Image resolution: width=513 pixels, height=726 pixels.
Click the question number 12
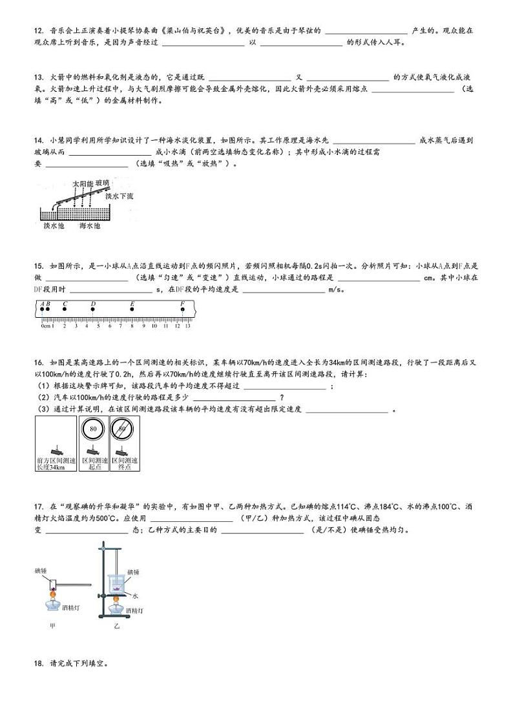(38, 30)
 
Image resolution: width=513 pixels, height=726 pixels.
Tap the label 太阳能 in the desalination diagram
(83, 184)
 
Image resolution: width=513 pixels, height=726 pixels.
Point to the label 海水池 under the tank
(90, 226)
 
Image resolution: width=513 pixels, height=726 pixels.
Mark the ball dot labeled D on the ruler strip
(93, 310)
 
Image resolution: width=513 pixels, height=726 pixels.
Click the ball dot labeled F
(182, 310)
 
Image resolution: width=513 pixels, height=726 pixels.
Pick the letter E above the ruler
(132, 304)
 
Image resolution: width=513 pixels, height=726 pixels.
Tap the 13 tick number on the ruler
(187, 326)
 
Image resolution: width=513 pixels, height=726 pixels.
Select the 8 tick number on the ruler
(132, 326)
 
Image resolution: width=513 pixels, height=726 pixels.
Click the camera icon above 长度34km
(56, 448)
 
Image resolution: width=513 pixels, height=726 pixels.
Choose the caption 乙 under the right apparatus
(117, 625)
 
